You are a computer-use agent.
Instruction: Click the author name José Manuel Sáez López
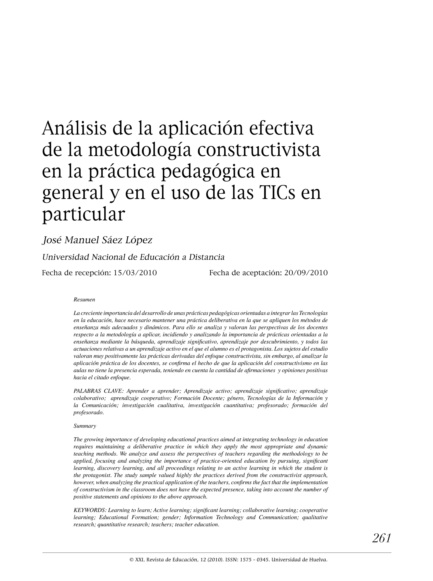click(97, 240)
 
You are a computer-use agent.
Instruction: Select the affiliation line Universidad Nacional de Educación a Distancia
click(133, 257)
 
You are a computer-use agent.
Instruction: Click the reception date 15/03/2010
click(135, 273)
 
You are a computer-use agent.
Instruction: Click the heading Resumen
click(84, 299)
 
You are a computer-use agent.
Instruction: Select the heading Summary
click(85, 426)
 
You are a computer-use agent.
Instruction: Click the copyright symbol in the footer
click(132, 560)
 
